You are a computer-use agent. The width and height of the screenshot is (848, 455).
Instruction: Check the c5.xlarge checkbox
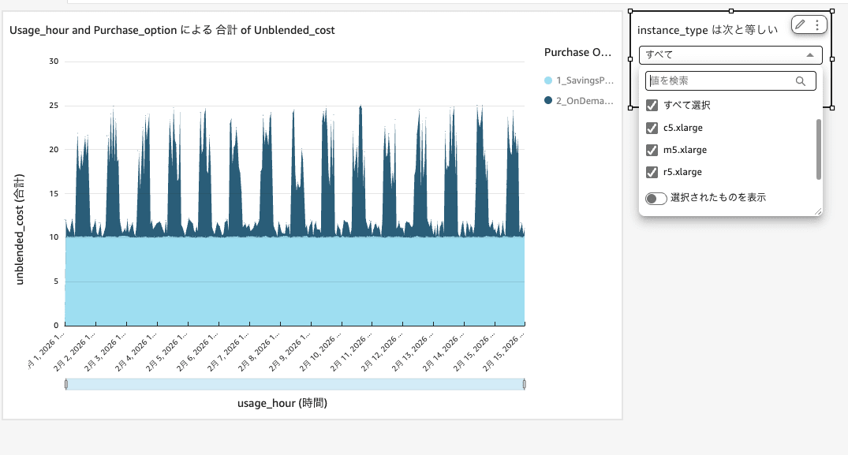(x=652, y=128)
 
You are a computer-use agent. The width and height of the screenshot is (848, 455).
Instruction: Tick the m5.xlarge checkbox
(x=652, y=150)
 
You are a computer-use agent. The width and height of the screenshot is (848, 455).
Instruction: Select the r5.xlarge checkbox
(x=652, y=172)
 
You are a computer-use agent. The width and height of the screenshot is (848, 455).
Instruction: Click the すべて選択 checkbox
(x=652, y=106)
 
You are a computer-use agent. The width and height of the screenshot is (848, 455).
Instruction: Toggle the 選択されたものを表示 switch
(x=656, y=199)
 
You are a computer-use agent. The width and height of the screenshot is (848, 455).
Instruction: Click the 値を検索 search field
(x=718, y=81)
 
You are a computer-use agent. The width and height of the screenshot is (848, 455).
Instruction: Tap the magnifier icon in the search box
(x=801, y=81)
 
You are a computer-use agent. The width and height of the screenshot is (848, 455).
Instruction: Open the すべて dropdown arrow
(x=809, y=55)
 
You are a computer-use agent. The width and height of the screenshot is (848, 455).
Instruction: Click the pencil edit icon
(x=800, y=25)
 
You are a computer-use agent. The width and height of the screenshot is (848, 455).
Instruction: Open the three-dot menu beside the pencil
(x=817, y=25)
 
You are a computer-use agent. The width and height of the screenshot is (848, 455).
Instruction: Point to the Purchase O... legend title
(x=577, y=53)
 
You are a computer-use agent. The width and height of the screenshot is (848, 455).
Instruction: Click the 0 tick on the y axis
(x=55, y=325)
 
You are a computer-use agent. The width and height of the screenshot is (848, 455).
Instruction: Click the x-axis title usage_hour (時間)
(x=282, y=403)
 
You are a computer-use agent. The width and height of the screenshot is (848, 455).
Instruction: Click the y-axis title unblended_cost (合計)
(x=20, y=229)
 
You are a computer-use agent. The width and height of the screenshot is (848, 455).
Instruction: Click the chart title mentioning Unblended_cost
(x=172, y=31)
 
